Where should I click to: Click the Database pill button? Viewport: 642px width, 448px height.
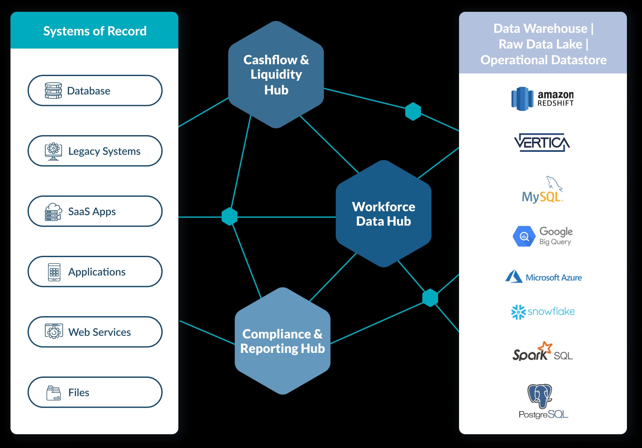95,91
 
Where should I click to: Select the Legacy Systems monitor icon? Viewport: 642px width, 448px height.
53,151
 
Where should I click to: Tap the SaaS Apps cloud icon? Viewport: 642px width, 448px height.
53,212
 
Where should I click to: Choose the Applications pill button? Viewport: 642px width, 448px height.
95,272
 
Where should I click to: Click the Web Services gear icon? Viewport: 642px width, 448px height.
54,332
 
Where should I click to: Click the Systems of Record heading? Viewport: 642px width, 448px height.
95,31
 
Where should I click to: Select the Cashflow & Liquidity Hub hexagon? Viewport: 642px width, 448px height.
276,75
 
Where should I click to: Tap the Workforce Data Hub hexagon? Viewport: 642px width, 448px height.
383,214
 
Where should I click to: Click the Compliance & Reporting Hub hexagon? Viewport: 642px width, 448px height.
282,341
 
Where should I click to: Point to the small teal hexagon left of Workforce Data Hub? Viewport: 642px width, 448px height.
230,216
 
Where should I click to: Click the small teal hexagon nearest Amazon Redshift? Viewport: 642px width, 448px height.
413,112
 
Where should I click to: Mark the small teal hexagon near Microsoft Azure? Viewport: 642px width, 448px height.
430,298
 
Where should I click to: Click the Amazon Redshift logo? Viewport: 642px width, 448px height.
542,99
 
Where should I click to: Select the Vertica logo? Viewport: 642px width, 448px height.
542,142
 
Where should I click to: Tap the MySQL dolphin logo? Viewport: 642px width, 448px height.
553,184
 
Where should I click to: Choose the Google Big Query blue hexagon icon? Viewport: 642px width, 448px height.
524,236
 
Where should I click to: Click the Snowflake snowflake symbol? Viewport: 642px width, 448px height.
518,312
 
